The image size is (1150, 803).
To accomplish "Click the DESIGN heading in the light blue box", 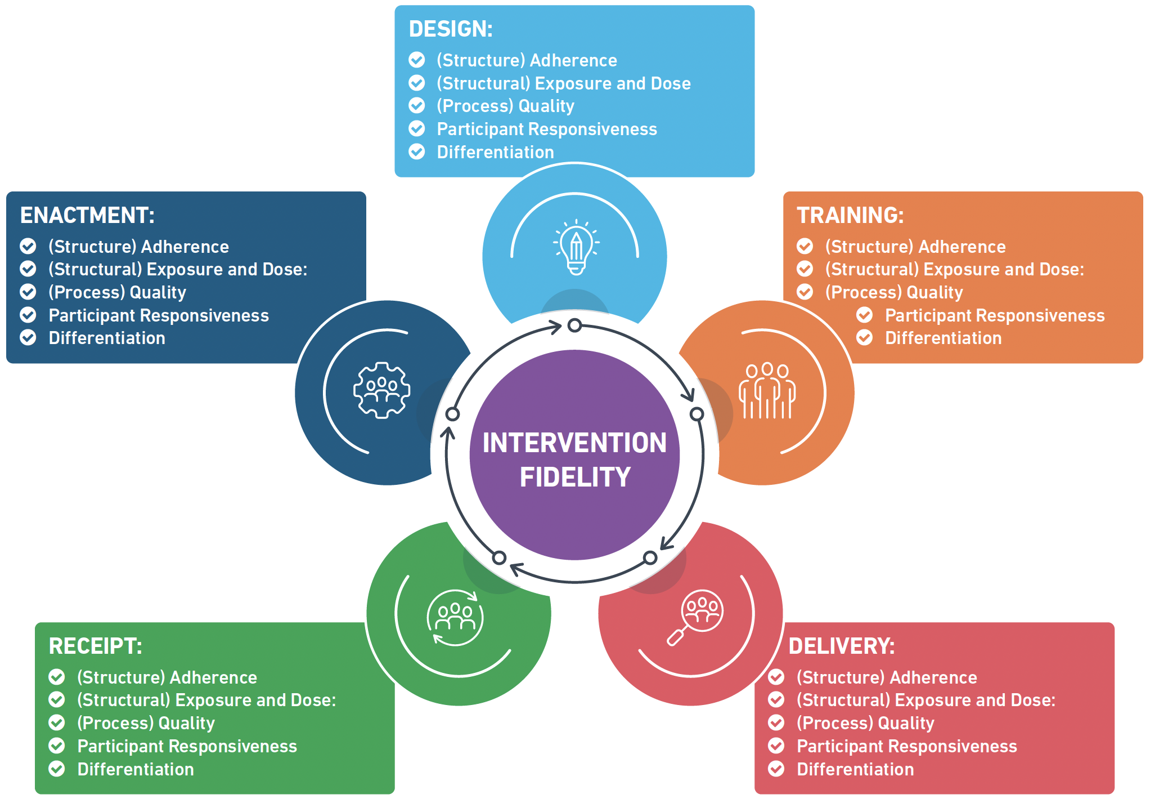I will [451, 29].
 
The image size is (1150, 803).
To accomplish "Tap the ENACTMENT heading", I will [87, 216].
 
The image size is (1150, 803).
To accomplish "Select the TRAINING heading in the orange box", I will [850, 216].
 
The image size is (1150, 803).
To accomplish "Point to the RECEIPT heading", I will [95, 646].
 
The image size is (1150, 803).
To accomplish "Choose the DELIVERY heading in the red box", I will [841, 646].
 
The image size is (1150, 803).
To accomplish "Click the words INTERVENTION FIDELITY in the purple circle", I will [574, 460].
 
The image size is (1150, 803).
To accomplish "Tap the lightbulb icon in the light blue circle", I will [576, 247].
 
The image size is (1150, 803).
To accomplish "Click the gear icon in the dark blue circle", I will [381, 390].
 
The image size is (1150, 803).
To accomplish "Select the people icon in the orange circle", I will [767, 391].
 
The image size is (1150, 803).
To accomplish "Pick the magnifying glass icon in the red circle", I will [695, 617].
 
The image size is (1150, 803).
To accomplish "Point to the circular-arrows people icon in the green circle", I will [455, 617].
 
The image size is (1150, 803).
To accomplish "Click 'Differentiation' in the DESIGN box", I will [495, 153].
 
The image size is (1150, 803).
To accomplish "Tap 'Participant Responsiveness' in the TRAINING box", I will [994, 316].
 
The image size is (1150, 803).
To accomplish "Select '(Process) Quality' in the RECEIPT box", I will [146, 723].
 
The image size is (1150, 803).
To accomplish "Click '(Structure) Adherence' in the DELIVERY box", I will [887, 677].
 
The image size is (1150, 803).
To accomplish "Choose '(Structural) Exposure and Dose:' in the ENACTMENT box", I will [178, 270].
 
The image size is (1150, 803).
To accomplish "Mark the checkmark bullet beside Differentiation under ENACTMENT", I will [28, 338].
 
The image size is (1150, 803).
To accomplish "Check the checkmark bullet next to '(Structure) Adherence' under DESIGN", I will [417, 60].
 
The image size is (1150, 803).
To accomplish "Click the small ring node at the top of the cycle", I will [574, 325].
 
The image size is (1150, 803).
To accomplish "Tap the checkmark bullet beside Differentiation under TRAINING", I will [864, 338].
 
